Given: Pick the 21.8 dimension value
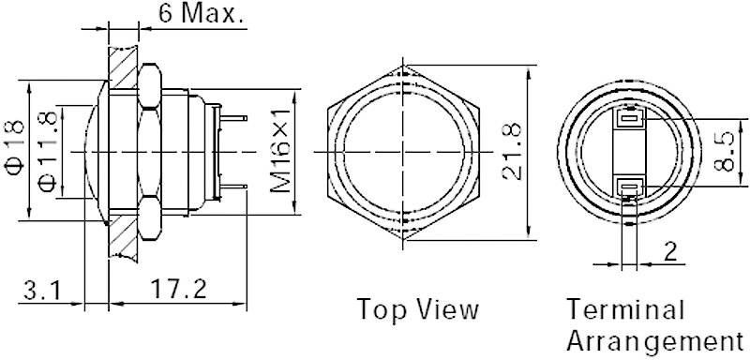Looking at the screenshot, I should (x=512, y=151).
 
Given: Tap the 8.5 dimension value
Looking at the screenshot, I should (x=723, y=150).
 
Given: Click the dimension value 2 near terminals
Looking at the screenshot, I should (x=670, y=251).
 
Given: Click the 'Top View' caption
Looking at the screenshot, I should (x=417, y=309).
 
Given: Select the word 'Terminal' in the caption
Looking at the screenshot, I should (x=625, y=309).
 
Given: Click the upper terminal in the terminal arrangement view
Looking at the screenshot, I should (x=630, y=120).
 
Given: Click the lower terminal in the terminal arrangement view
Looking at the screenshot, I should (x=630, y=187).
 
